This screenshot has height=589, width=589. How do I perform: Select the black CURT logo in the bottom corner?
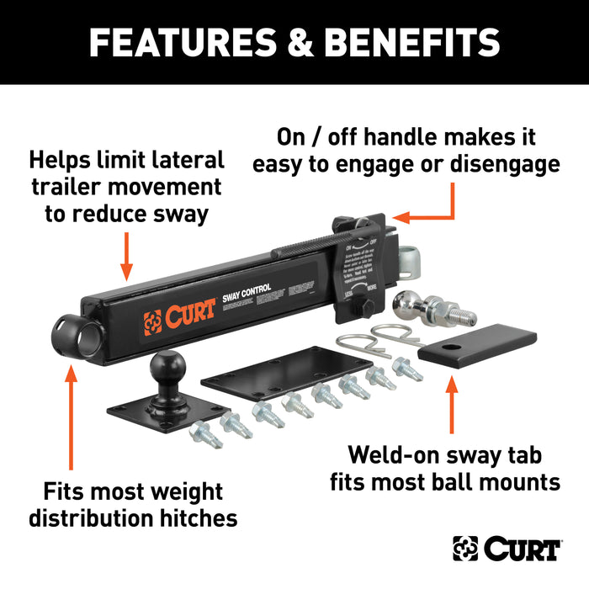[x=507, y=549]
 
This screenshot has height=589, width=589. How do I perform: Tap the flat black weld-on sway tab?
[x=476, y=345]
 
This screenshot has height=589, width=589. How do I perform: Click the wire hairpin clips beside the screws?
[x=363, y=340]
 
